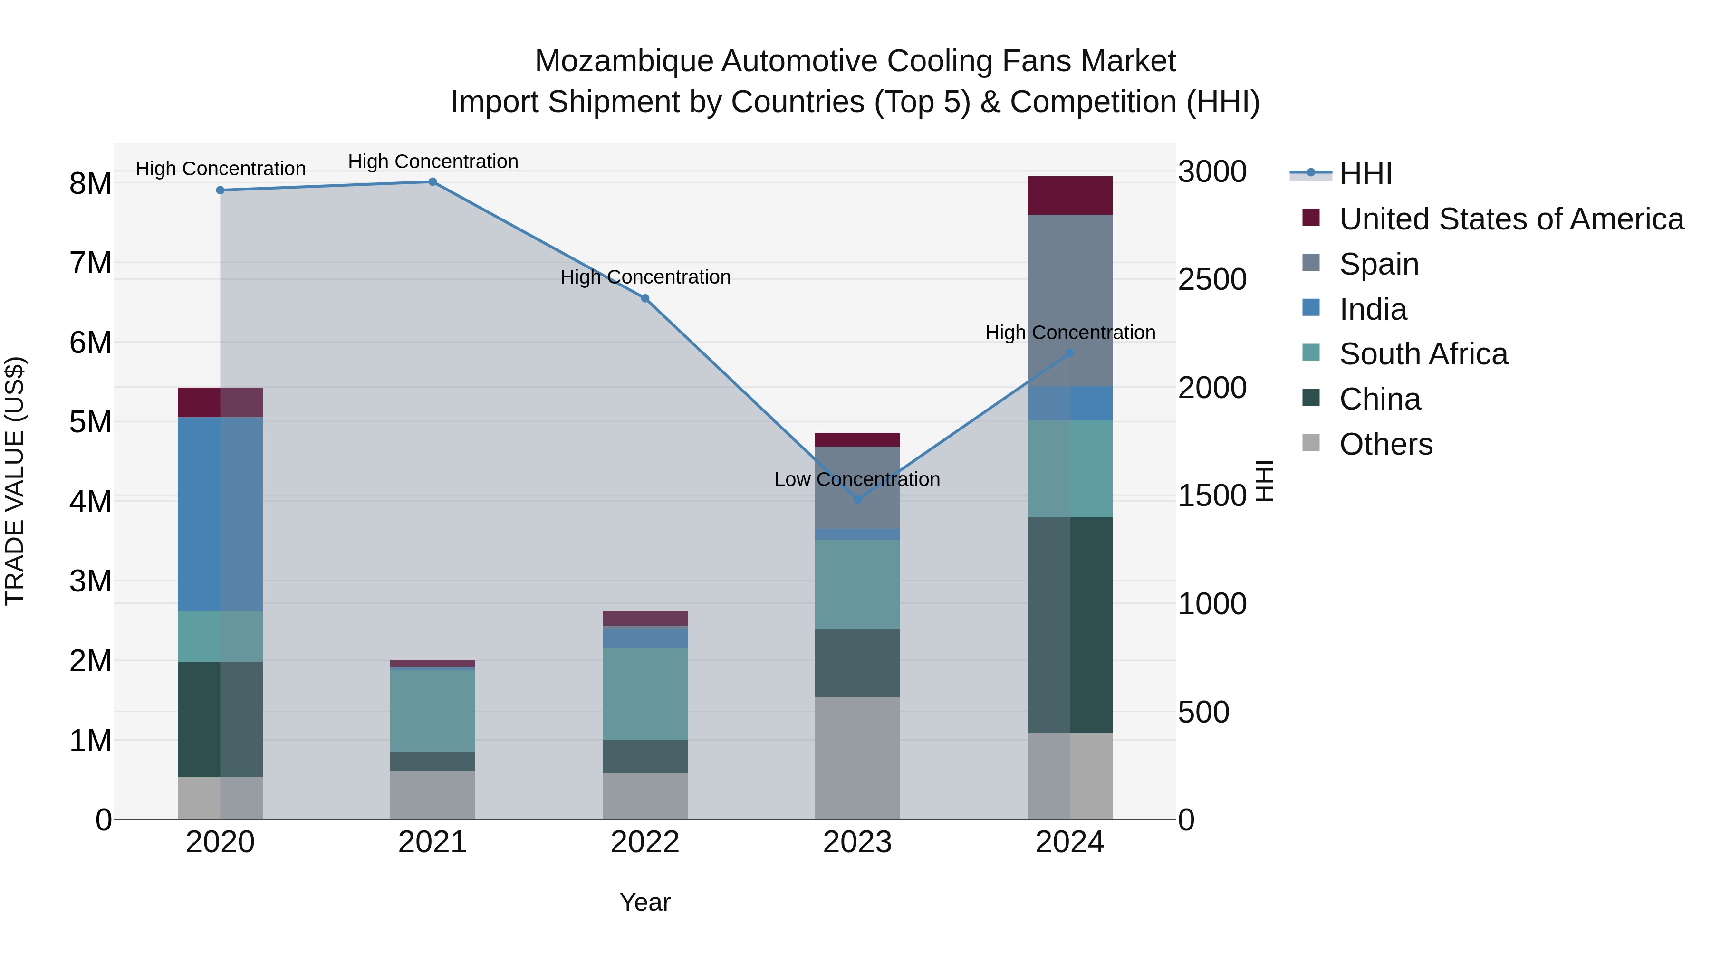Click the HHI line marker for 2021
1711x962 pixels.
(x=433, y=182)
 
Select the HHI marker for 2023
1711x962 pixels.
(x=857, y=499)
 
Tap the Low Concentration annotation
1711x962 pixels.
(x=857, y=479)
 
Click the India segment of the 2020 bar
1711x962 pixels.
(x=220, y=514)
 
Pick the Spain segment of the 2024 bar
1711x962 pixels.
(x=1069, y=300)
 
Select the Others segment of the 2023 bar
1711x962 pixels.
(x=857, y=758)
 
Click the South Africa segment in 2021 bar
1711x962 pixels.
(x=433, y=710)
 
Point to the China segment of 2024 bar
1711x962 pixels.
(x=1069, y=625)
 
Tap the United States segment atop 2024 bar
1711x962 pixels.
(x=1069, y=195)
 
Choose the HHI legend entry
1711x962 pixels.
(x=1365, y=174)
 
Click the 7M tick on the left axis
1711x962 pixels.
(x=90, y=263)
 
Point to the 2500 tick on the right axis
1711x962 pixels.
(x=1211, y=279)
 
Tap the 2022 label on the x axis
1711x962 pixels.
(x=644, y=842)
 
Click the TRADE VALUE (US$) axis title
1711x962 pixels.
(x=15, y=481)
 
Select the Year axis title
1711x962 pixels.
(x=644, y=902)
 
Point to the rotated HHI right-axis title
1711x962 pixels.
(x=1265, y=481)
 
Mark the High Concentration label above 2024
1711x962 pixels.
(x=1069, y=333)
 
